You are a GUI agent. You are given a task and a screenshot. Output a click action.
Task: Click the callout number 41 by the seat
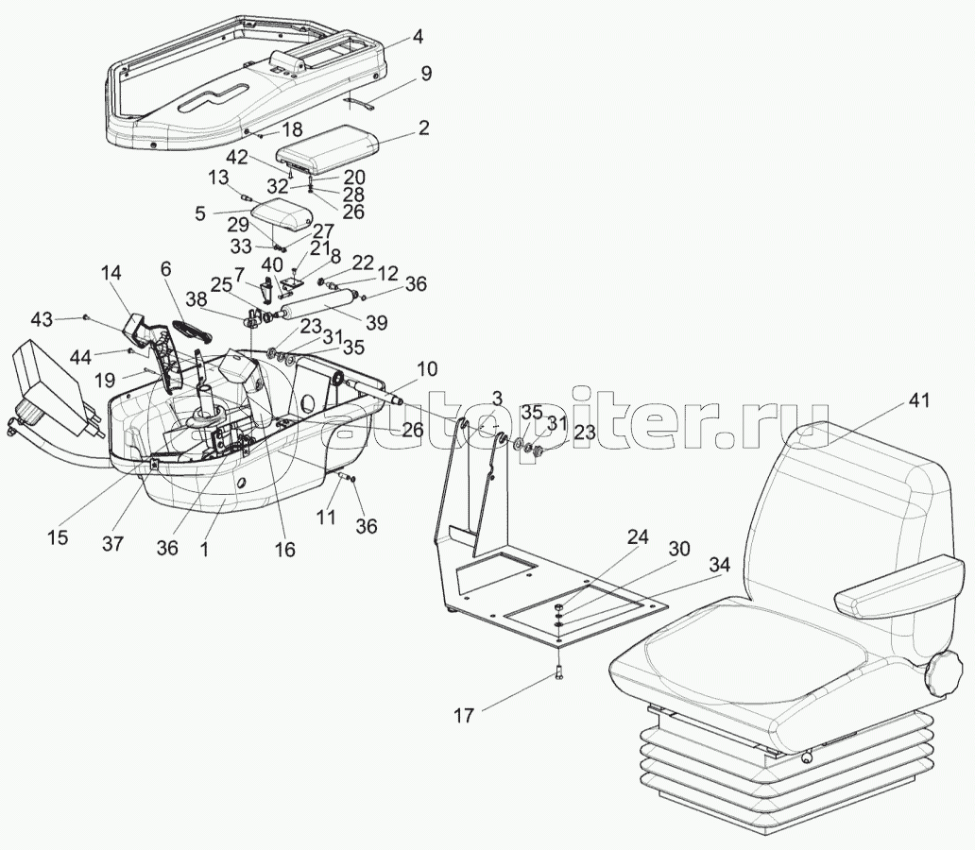pos(920,401)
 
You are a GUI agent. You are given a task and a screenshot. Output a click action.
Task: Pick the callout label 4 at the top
pos(417,38)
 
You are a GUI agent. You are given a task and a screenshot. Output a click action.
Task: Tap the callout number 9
pos(426,73)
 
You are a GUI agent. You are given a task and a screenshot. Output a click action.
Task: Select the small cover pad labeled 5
pos(280,219)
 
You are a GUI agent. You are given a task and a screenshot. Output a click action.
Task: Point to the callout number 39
pos(376,323)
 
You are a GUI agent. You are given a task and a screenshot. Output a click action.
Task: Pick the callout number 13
pos(218,178)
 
